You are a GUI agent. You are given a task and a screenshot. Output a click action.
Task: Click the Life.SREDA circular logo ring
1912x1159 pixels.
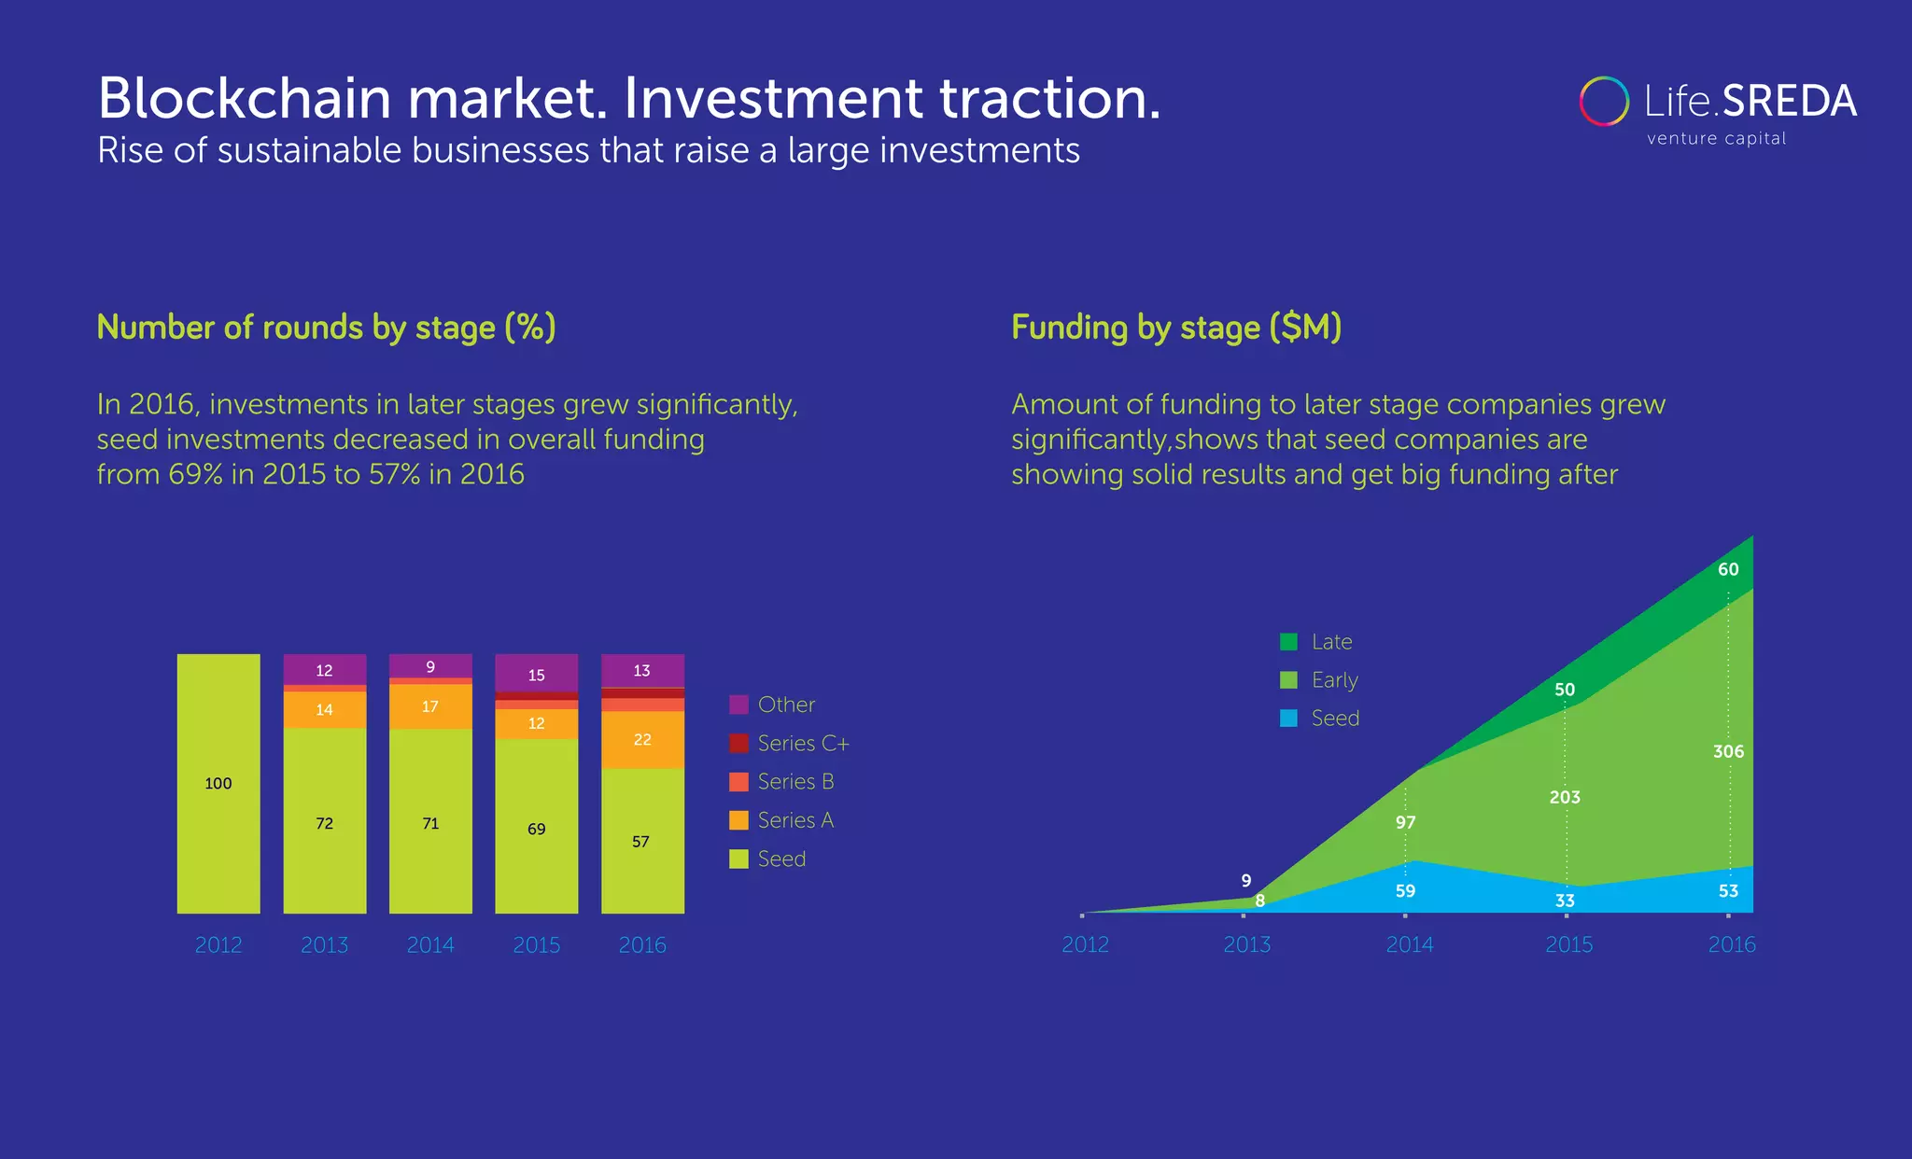(1604, 101)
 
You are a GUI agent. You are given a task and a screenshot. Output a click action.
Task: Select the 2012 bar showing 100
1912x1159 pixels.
(218, 783)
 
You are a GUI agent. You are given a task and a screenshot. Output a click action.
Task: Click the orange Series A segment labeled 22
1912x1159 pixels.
(642, 740)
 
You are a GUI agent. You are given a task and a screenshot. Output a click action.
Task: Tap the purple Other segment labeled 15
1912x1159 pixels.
(536, 674)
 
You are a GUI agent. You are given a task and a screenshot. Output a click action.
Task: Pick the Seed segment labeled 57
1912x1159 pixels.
(642, 841)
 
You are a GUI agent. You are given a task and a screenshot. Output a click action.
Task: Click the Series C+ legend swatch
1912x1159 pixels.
(738, 744)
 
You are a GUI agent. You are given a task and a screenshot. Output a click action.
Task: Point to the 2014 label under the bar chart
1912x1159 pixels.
(430, 944)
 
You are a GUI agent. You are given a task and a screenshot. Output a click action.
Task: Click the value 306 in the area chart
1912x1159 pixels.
(1728, 751)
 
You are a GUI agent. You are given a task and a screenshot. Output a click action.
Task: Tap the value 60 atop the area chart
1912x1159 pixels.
(1728, 569)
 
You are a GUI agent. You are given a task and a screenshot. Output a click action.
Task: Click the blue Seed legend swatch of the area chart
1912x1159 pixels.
(1288, 719)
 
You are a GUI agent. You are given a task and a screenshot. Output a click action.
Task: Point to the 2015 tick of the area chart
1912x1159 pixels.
(1568, 943)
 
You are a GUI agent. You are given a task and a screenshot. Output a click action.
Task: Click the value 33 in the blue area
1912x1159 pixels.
(1565, 901)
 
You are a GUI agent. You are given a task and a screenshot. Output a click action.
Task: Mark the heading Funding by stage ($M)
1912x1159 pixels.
(1176, 328)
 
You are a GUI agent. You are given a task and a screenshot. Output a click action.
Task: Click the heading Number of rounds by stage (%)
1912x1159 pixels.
(326, 328)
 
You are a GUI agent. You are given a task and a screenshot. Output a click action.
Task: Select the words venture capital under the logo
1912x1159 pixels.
(1716, 139)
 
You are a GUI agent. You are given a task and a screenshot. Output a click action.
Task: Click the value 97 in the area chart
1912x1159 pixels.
(1405, 822)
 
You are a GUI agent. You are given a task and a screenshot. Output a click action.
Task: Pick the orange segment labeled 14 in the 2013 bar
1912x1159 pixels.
(324, 709)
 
